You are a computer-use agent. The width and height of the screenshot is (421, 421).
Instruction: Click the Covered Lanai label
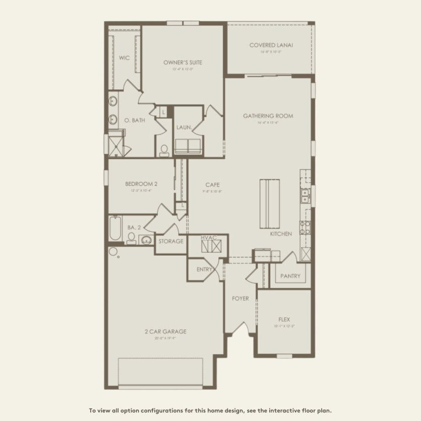[x=271, y=45]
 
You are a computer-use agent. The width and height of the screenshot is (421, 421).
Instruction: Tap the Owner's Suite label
[x=183, y=63]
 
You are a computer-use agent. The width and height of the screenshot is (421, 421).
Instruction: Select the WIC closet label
[x=125, y=58]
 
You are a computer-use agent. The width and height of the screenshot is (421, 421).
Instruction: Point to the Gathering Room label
[x=268, y=116]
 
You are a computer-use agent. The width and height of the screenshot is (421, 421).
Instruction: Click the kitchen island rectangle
[x=269, y=203]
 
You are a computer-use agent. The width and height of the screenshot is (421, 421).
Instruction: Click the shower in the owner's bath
[x=115, y=144]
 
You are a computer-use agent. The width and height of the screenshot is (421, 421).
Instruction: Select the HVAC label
[x=208, y=237]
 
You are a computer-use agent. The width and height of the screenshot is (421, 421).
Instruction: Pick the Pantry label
[x=290, y=276]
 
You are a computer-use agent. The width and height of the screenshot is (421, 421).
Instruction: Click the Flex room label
[x=284, y=319]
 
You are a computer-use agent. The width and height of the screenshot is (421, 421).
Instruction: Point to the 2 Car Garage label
[x=165, y=331]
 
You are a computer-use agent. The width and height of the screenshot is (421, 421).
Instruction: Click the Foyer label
[x=240, y=298]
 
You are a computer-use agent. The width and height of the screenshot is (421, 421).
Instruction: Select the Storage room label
[x=171, y=242]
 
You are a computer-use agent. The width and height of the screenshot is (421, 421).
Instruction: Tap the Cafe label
[x=212, y=185]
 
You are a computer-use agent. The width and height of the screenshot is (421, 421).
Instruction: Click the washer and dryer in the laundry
[x=188, y=146]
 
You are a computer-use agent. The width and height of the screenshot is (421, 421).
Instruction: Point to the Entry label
[x=204, y=270]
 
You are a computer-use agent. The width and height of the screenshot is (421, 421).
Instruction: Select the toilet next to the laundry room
[x=164, y=150]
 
